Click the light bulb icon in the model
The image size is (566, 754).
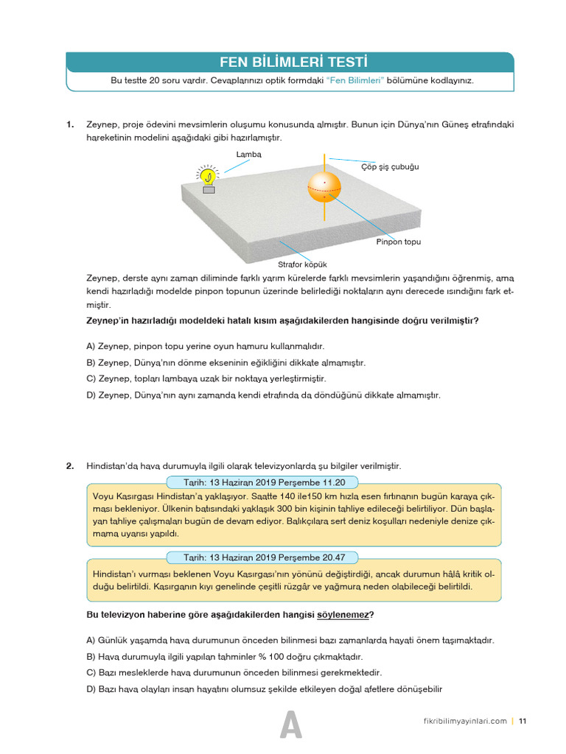click(209, 177)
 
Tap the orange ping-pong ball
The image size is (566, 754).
click(324, 188)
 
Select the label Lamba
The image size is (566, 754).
click(248, 155)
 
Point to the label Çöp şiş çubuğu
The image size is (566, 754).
click(390, 167)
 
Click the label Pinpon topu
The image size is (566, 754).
click(399, 242)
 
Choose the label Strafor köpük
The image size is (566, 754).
click(302, 264)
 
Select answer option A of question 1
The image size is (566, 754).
click(205, 346)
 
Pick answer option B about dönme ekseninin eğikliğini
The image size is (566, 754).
click(226, 362)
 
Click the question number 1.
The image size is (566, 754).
click(70, 124)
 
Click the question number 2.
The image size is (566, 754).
click(70, 466)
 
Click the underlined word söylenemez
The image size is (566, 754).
click(343, 615)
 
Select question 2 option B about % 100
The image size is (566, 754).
click(225, 656)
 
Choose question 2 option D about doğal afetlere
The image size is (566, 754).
click(264, 688)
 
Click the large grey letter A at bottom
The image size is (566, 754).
click(291, 726)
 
